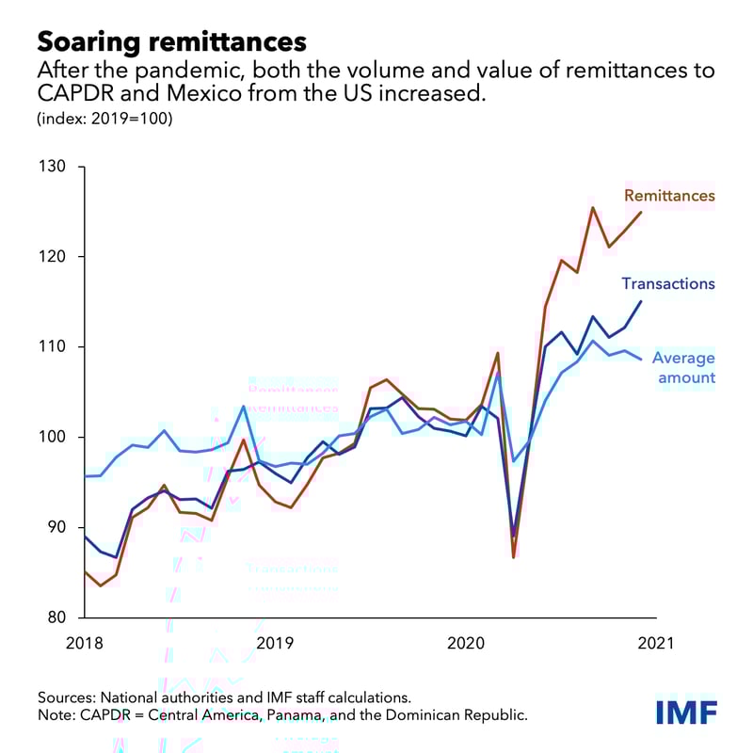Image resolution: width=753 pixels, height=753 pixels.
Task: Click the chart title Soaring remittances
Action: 171,41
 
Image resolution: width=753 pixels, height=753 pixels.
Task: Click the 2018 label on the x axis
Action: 84,644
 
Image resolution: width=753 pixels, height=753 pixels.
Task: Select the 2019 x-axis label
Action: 276,644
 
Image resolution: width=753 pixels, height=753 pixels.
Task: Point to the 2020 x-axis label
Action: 466,644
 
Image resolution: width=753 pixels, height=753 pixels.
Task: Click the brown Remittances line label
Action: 669,196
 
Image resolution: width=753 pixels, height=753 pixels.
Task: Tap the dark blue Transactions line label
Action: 667,283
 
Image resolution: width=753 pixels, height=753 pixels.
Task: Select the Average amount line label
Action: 683,368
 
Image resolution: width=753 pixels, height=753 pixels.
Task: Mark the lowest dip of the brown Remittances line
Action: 514,557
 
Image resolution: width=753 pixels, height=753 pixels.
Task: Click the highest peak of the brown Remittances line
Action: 592,208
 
